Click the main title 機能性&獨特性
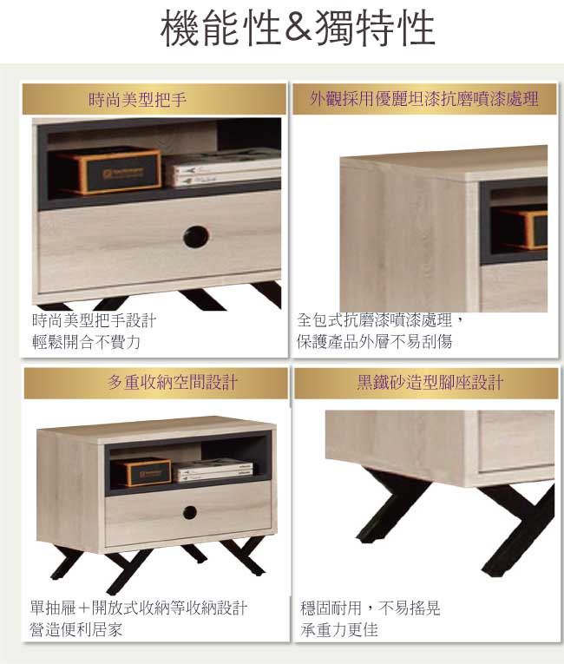pos(298,29)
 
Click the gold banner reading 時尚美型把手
pos(154,99)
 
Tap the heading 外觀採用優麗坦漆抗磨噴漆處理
pos(424,99)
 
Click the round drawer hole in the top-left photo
pos(196,236)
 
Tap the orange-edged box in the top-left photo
pos(108,170)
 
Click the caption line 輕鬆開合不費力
pos(87,342)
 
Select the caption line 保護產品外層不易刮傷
pos(374,341)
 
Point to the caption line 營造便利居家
pos(75,629)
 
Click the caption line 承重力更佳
pos(339,629)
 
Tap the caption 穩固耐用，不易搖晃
pos(371,608)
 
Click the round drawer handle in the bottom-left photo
pos(190,512)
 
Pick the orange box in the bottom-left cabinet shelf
pos(143,471)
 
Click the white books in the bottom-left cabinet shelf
pos(213,470)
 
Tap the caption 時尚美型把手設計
pos(94,320)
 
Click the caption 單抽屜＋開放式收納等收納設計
pos(139,608)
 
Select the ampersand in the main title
pos(298,29)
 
